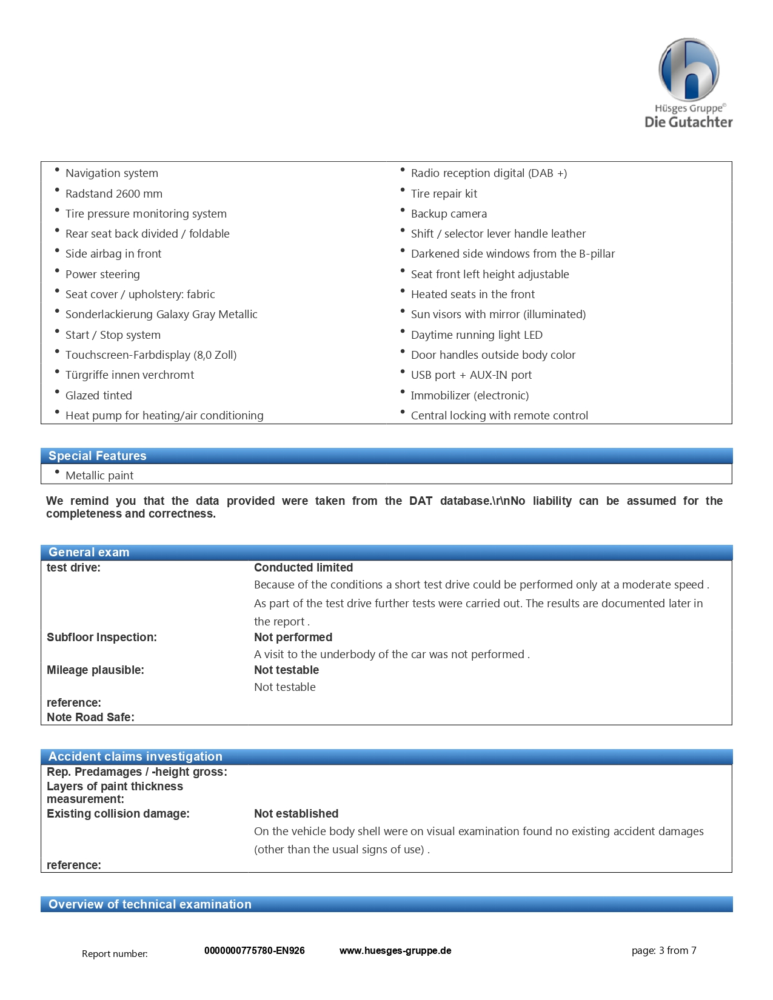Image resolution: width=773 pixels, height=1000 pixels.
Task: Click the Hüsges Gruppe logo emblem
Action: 689,70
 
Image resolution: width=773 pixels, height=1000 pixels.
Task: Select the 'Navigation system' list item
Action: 112,173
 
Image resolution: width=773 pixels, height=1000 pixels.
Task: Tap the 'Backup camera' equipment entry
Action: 449,214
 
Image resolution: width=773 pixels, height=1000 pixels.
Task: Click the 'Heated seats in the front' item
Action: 473,295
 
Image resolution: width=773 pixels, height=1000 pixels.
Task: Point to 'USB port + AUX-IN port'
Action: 471,375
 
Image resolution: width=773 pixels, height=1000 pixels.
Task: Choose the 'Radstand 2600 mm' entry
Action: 114,194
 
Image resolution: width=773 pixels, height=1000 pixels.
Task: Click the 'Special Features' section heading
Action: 98,456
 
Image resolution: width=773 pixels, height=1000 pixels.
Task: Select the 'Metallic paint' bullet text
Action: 99,476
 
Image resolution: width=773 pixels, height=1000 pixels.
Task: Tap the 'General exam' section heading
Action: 89,552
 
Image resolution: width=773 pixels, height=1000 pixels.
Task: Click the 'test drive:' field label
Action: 73,568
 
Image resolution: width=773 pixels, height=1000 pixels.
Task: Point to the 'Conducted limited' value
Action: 303,568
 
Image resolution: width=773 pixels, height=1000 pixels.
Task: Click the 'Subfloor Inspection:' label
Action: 102,638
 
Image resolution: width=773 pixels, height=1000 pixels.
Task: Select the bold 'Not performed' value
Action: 293,638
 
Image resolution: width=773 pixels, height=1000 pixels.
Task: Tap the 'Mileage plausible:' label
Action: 95,670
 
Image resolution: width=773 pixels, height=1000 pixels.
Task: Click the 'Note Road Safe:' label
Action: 90,718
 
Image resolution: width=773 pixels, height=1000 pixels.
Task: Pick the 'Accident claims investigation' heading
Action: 135,756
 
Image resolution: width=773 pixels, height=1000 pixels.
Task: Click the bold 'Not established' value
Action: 296,814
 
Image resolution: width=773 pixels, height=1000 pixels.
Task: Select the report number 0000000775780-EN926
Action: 255,951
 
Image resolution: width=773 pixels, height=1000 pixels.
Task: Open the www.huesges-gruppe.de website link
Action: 395,951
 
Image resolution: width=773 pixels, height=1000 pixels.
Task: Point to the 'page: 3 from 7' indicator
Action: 664,951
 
